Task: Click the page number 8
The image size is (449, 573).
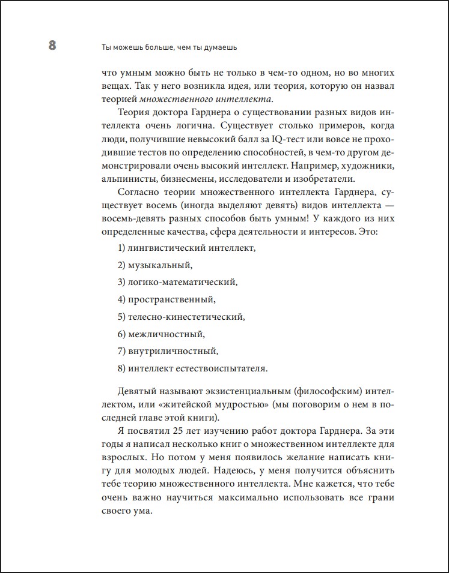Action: pos(52,46)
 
